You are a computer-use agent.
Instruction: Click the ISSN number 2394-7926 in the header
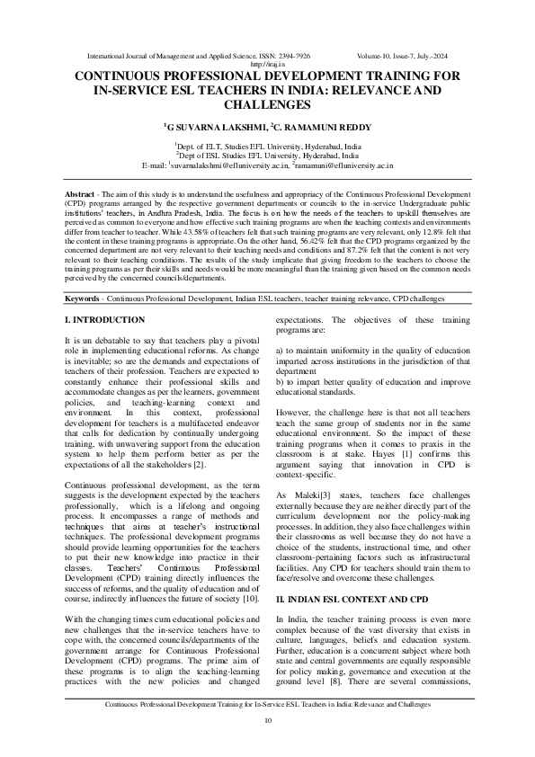point(296,55)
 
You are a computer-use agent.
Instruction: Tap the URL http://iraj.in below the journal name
point(267,64)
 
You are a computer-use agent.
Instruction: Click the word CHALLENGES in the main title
point(267,105)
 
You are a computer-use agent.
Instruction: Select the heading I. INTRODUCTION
point(105,295)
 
